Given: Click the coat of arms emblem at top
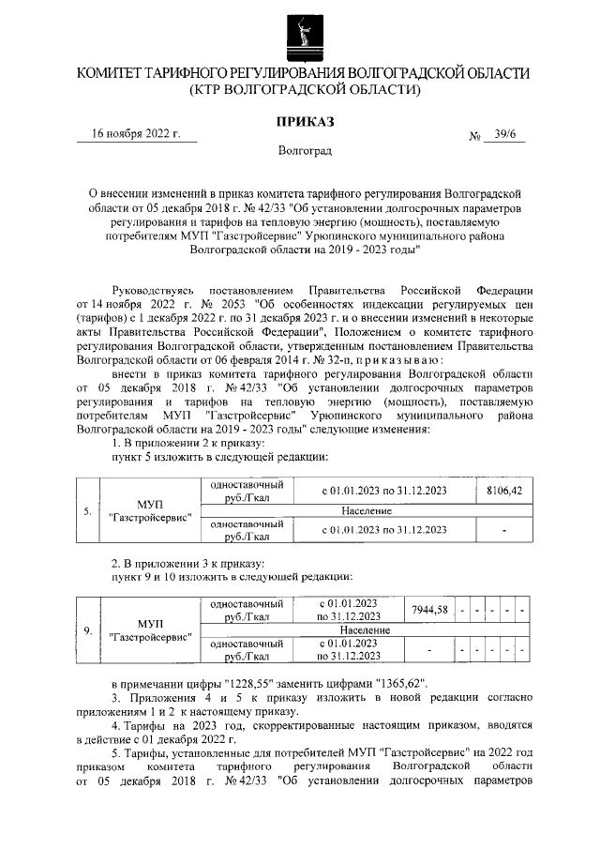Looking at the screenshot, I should coord(300,31).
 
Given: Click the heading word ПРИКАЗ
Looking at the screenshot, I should coord(300,121).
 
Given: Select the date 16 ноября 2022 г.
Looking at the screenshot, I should coord(136,133).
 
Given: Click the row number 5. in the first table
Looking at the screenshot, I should coord(86,511).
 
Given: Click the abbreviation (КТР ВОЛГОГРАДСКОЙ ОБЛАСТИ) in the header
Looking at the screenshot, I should coord(300,90).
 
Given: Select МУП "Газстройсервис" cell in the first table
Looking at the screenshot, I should coord(150,511).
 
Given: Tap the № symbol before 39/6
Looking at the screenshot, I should coord(474,136).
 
